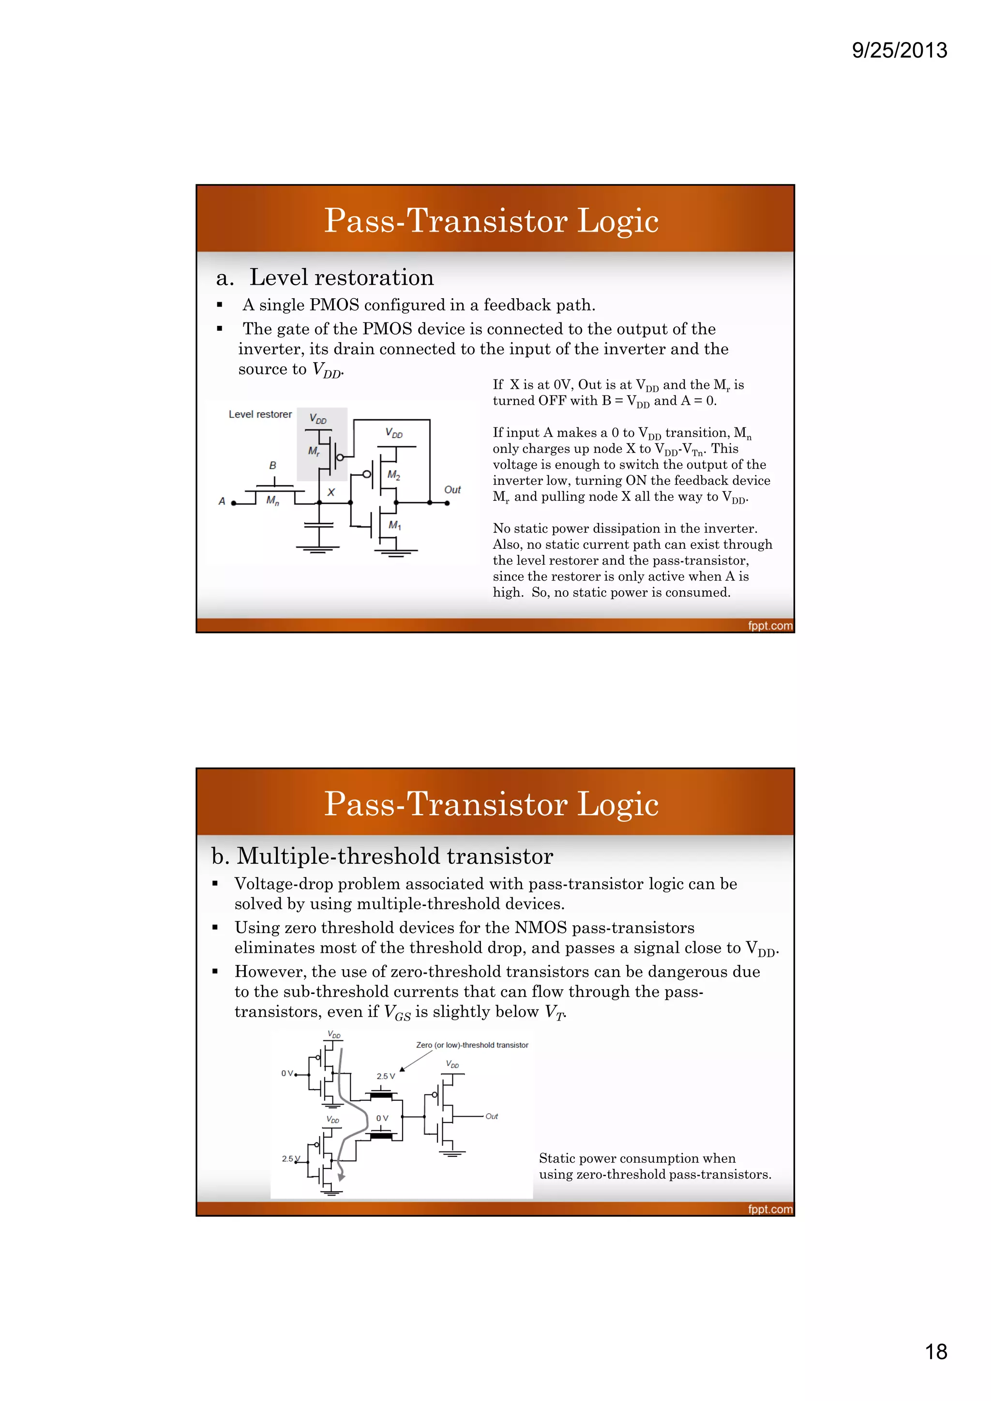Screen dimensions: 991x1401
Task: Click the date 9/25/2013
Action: click(899, 50)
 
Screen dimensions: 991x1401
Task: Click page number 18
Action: click(935, 1352)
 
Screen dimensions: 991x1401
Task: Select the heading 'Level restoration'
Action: click(341, 277)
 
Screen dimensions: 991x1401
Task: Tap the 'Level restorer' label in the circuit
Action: click(260, 414)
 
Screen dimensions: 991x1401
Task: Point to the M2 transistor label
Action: click(394, 475)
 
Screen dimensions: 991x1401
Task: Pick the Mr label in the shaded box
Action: click(314, 452)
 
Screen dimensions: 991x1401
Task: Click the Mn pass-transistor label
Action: click(272, 501)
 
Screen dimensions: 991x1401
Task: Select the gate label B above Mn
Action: click(272, 466)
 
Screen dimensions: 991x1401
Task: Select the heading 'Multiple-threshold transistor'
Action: click(394, 856)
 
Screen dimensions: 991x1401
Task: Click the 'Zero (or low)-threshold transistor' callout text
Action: click(472, 1045)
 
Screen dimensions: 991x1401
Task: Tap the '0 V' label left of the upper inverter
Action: click(287, 1073)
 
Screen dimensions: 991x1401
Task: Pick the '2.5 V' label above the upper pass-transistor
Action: click(385, 1077)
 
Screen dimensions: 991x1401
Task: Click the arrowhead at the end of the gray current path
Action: click(341, 1177)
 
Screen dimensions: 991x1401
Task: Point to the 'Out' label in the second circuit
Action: click(492, 1116)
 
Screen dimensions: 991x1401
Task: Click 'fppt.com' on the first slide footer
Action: click(770, 626)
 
